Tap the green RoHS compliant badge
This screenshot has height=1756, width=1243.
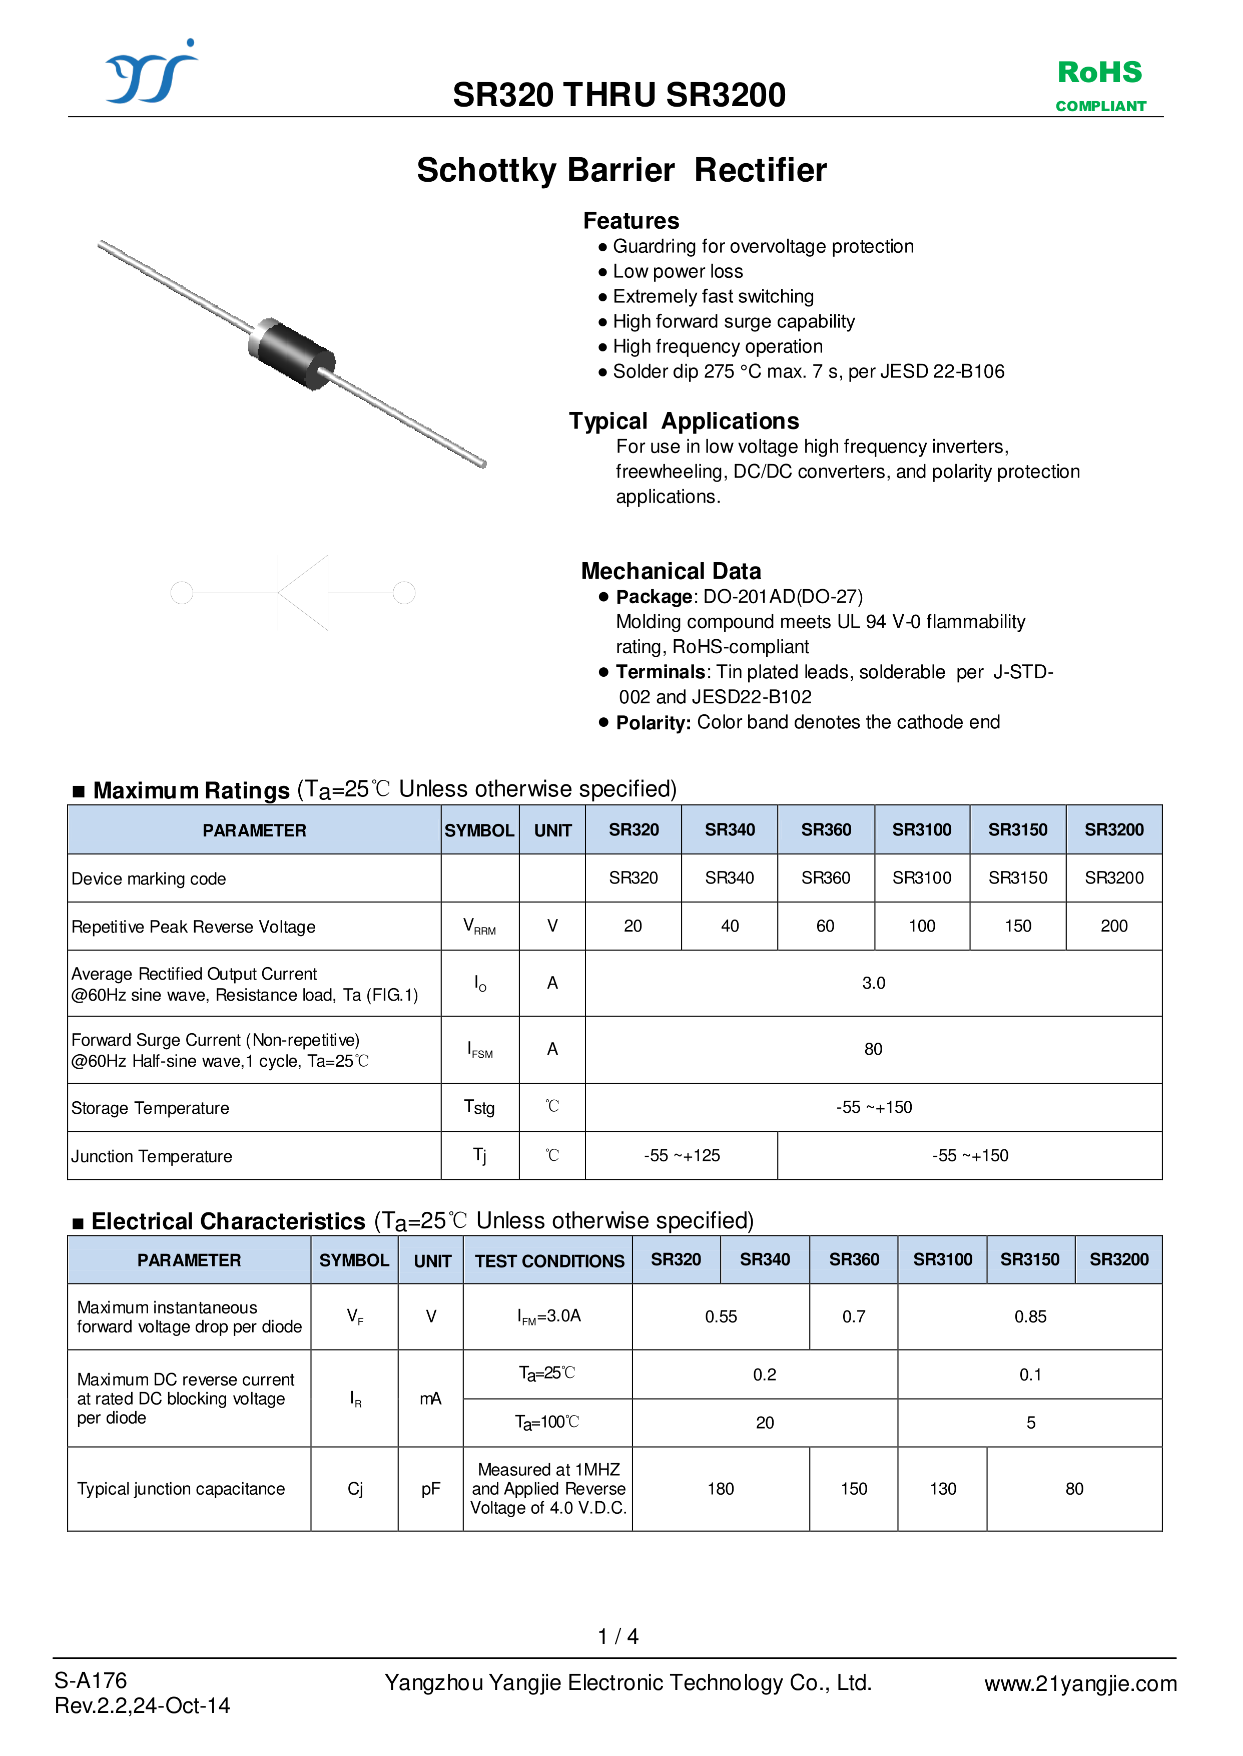(1100, 84)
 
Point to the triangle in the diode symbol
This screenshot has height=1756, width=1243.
(304, 593)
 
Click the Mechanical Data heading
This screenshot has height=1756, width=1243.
(671, 571)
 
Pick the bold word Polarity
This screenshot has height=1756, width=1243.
(653, 723)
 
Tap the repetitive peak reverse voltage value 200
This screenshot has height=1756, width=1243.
(1114, 926)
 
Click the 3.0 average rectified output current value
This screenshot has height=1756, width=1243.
(873, 983)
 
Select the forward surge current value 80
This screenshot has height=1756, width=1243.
(873, 1049)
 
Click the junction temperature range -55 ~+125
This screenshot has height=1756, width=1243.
(681, 1155)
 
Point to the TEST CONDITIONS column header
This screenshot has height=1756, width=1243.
(549, 1261)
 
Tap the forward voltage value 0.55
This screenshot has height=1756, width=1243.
(720, 1316)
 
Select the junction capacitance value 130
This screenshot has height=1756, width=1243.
(942, 1489)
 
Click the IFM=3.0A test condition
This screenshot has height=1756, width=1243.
(549, 1316)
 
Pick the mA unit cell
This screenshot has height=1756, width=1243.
(430, 1399)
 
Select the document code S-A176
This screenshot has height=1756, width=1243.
(90, 1680)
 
